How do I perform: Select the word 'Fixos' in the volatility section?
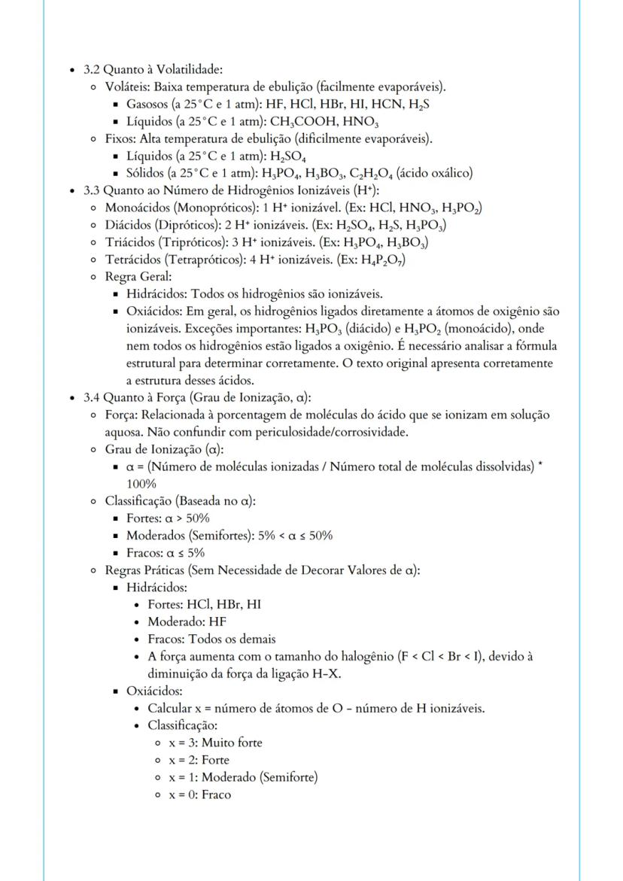(x=120, y=138)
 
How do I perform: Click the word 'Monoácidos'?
(x=135, y=208)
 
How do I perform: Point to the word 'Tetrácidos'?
(x=132, y=260)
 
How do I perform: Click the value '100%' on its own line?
(x=141, y=484)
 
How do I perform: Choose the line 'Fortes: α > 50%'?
(x=168, y=518)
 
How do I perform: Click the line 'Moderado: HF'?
(x=187, y=621)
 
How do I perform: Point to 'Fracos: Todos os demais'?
(x=211, y=639)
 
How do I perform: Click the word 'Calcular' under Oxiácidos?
(x=171, y=708)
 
